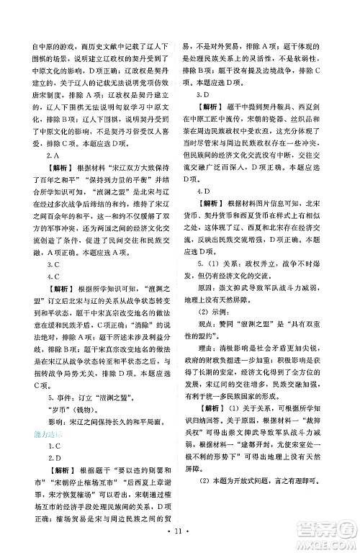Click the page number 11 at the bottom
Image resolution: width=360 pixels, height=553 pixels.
click(179, 536)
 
